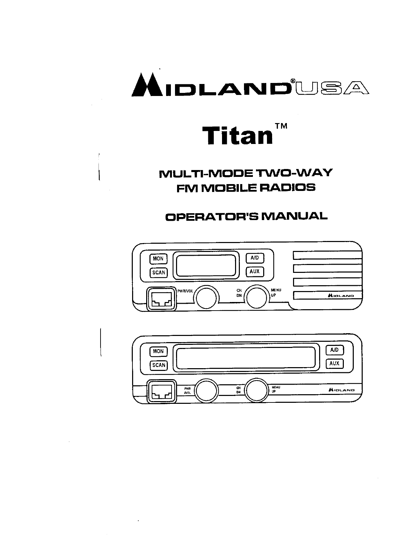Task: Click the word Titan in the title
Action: pyautogui.click(x=237, y=135)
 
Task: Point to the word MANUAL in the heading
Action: pyautogui.click(x=294, y=216)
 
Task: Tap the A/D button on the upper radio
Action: pyautogui.click(x=255, y=258)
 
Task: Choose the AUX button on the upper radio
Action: pyautogui.click(x=255, y=271)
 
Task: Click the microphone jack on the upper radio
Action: pyautogui.click(x=161, y=299)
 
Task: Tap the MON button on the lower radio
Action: pyautogui.click(x=158, y=351)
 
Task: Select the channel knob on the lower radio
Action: pyautogui.click(x=256, y=390)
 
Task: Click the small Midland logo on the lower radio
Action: pyautogui.click(x=341, y=390)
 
